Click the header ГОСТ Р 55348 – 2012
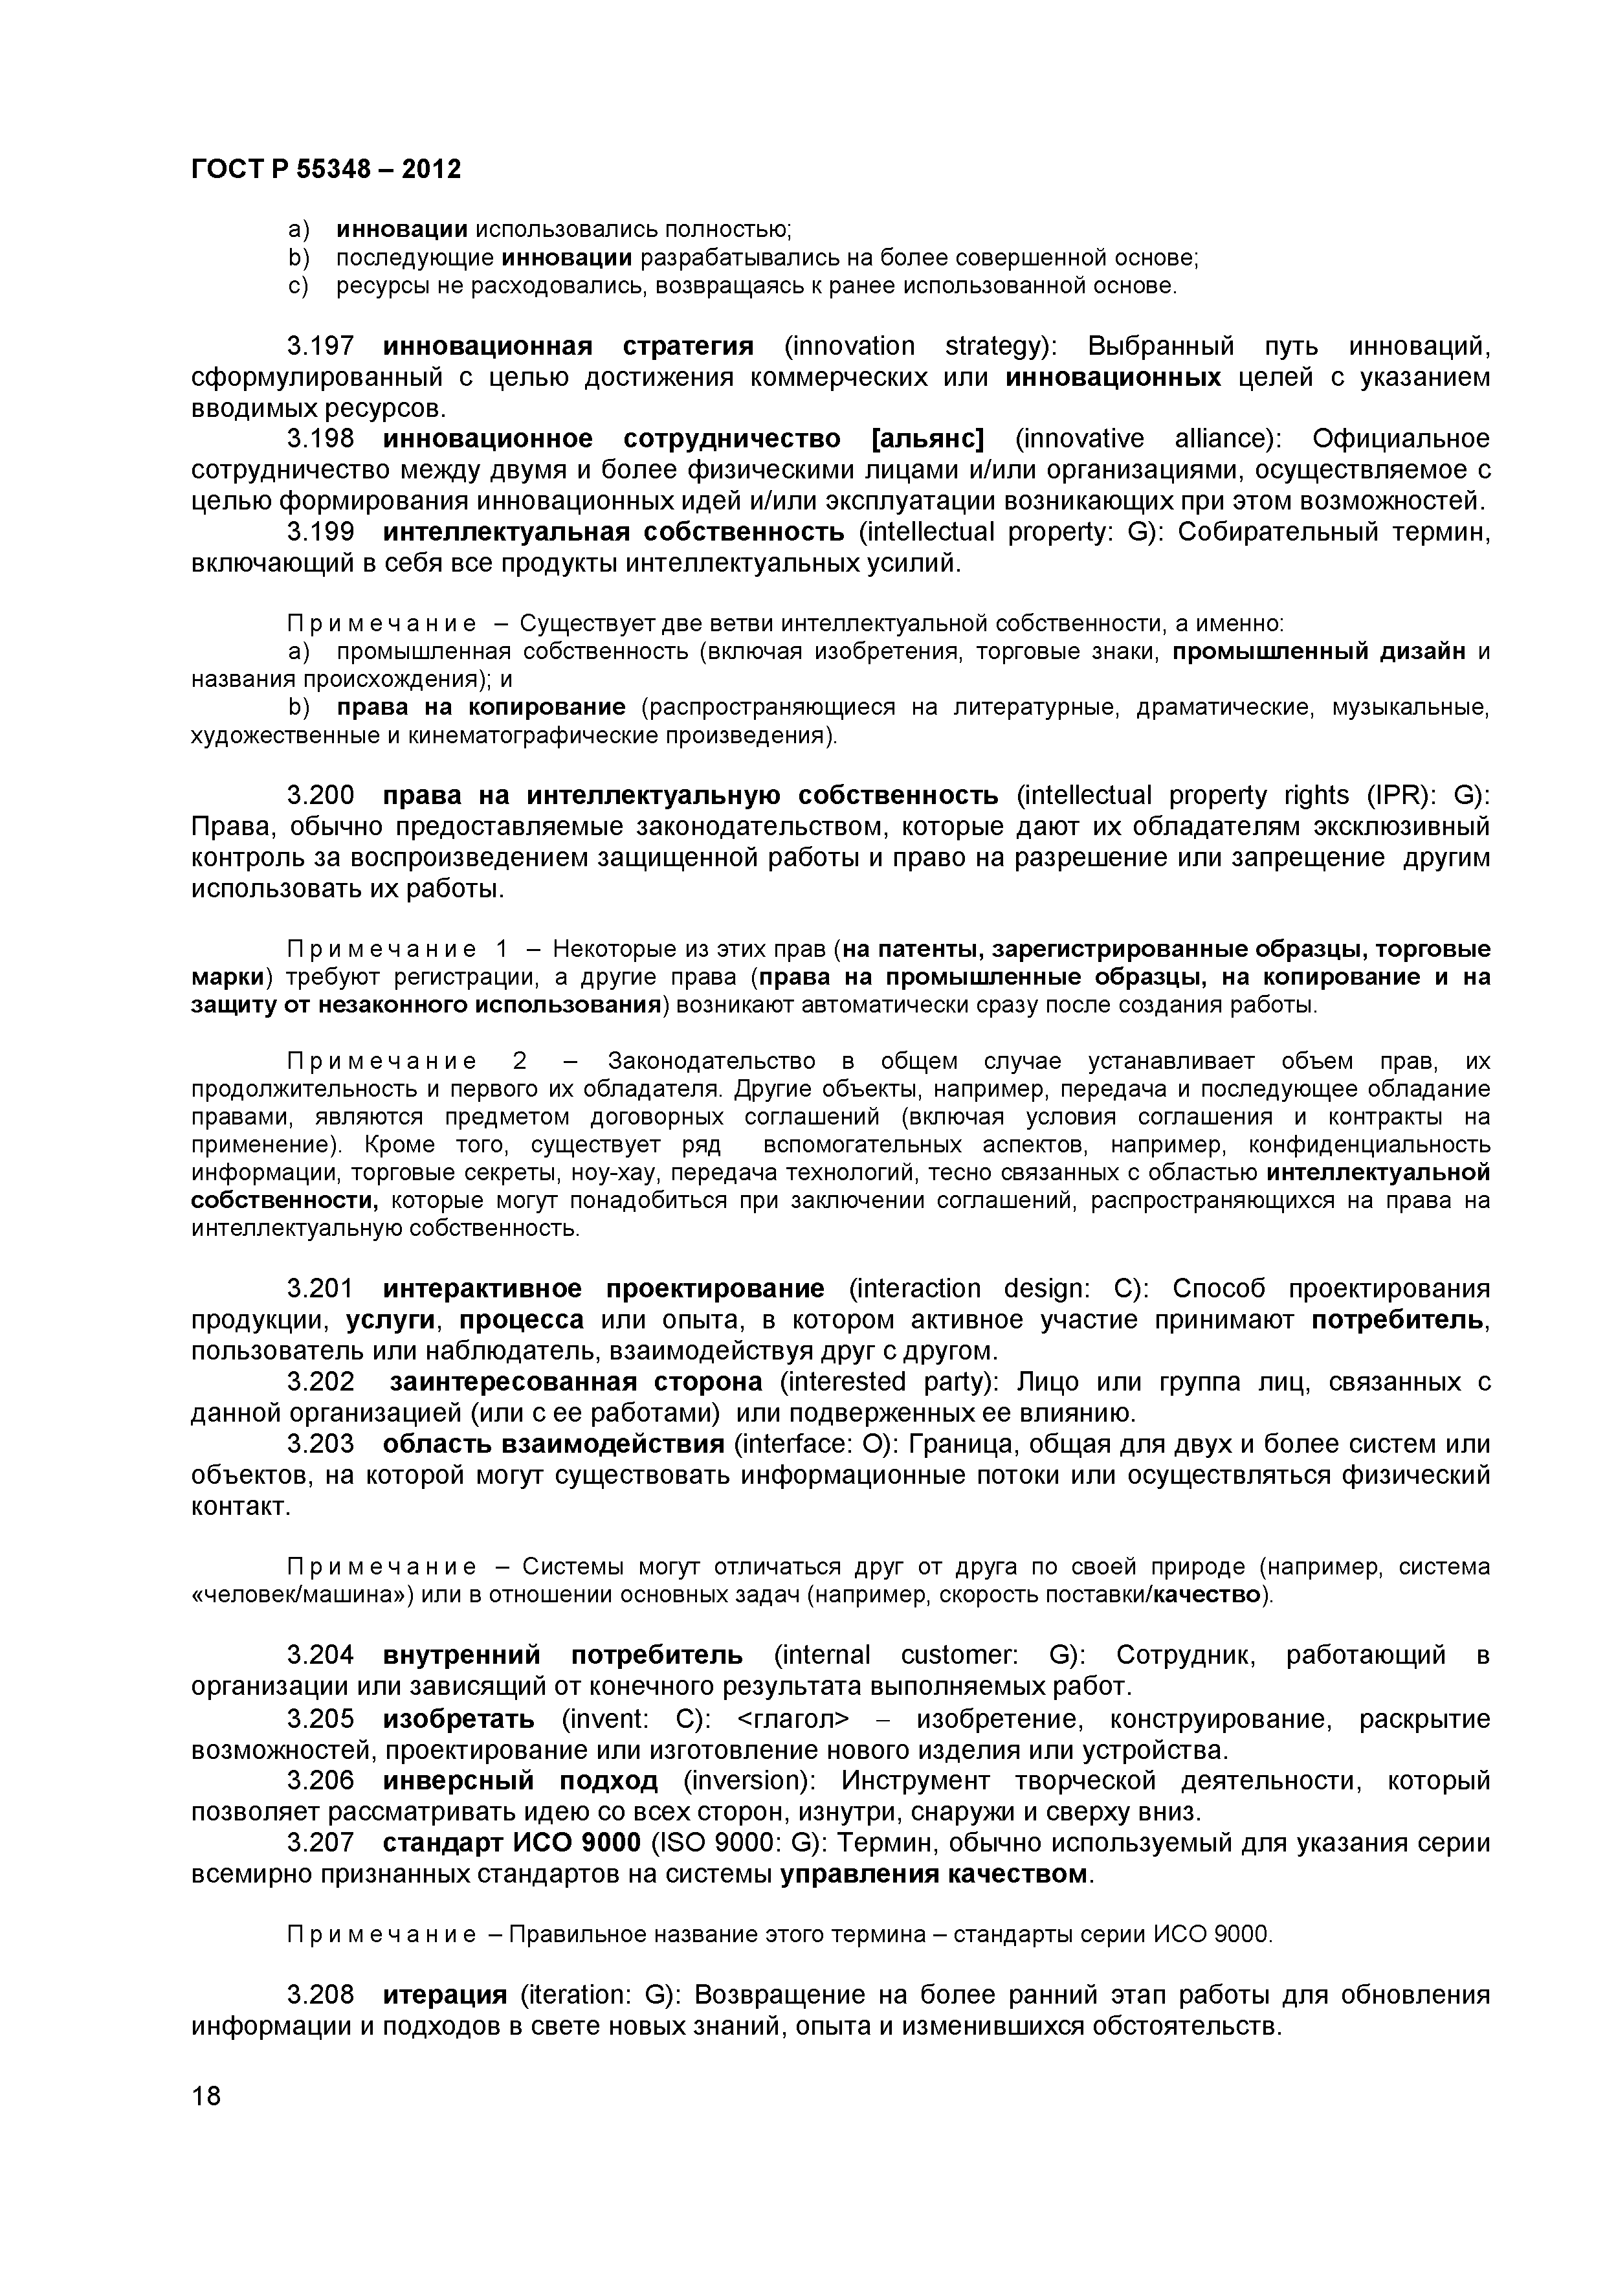(x=326, y=169)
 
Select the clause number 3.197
(x=320, y=346)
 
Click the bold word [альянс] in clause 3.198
(x=927, y=438)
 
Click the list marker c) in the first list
(x=298, y=286)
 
